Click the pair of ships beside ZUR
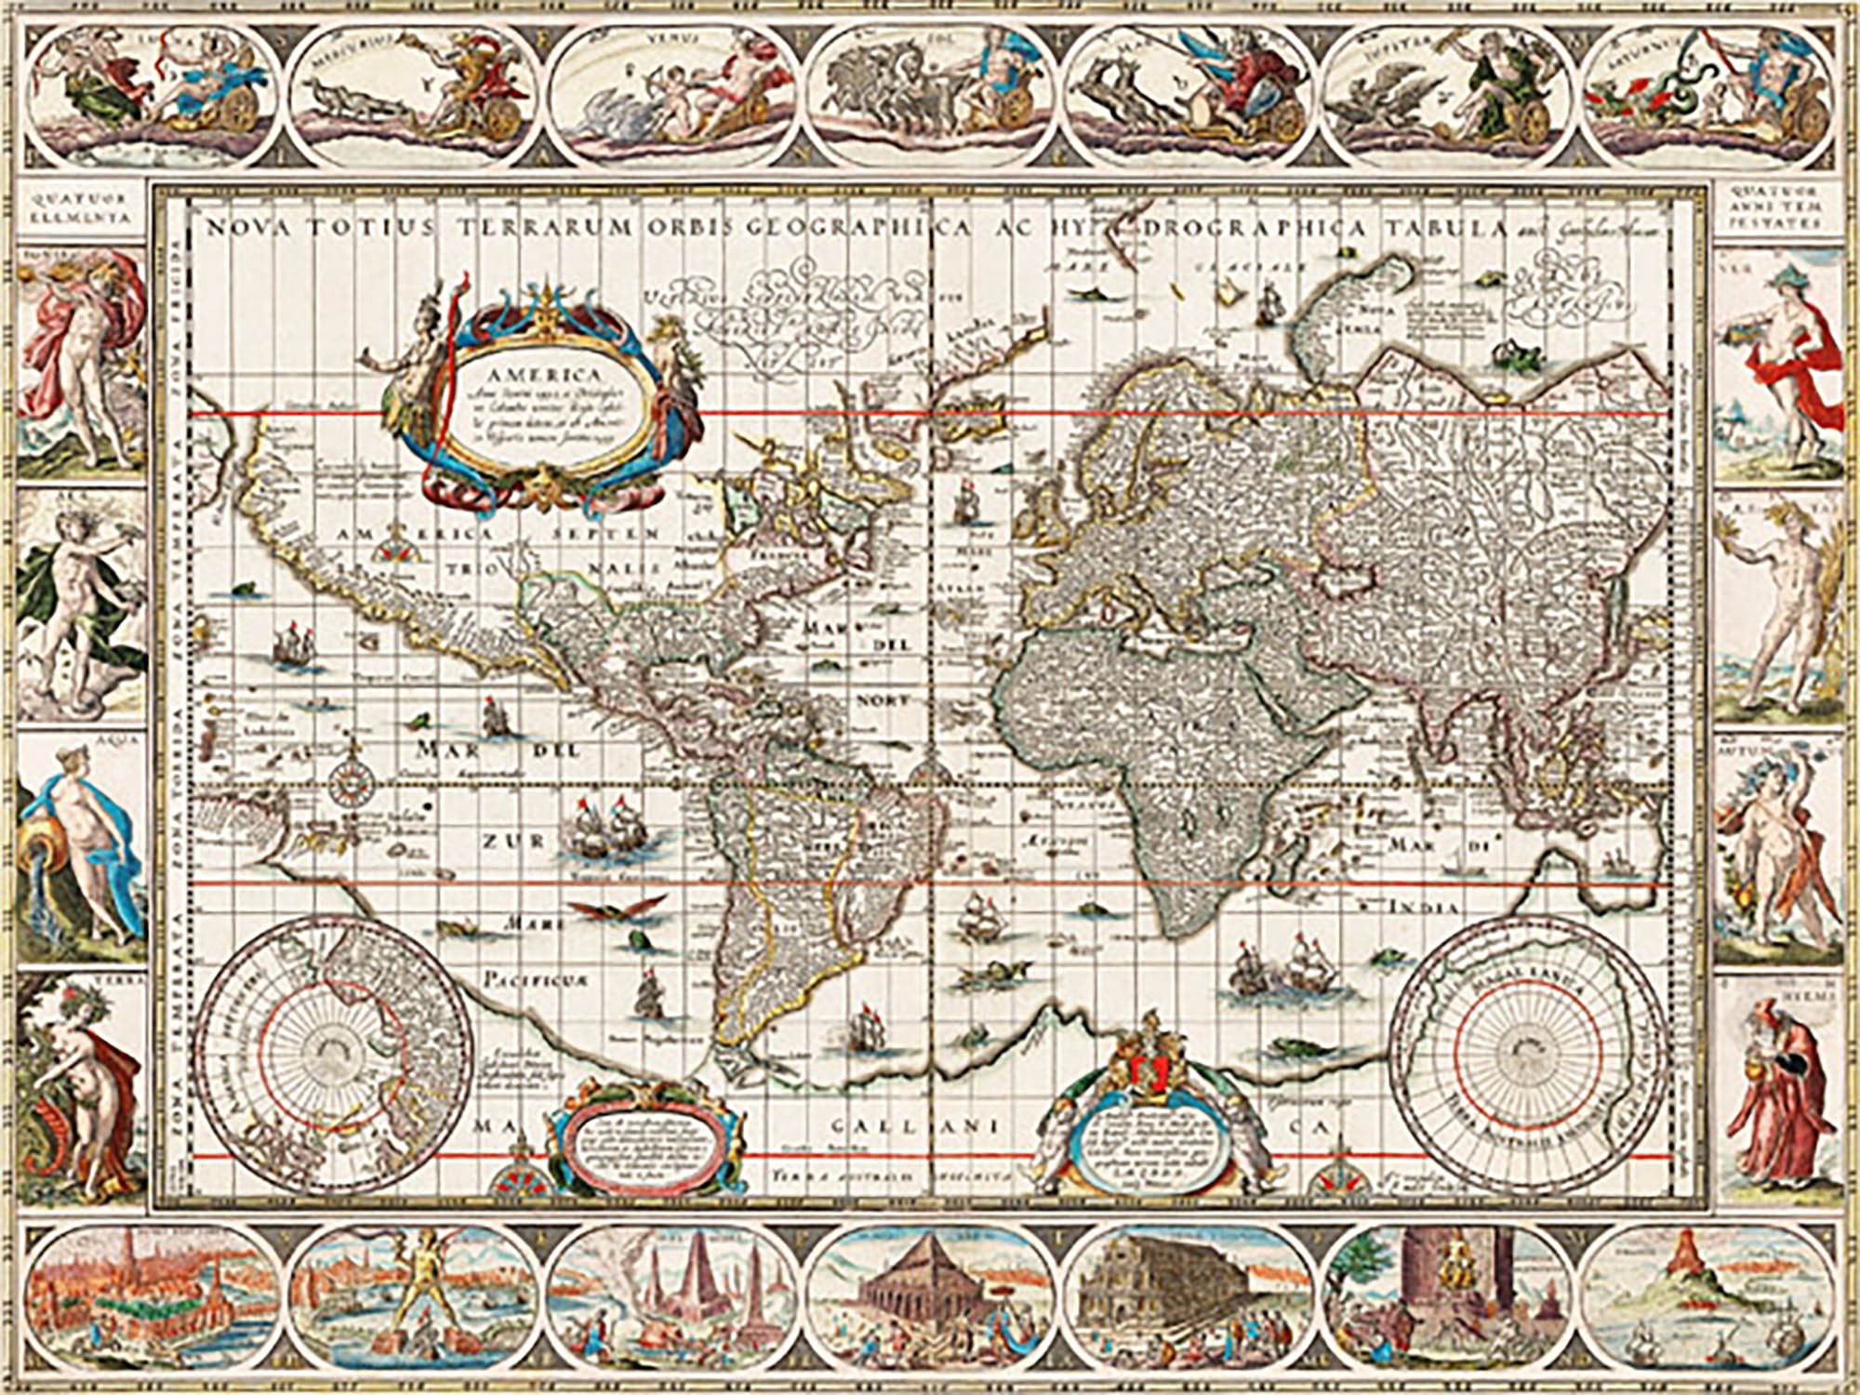tap(604, 830)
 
